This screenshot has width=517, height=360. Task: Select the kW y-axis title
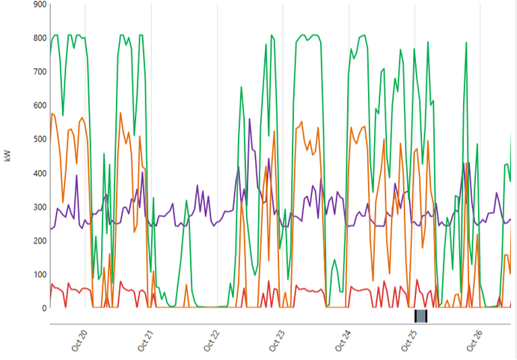(8, 156)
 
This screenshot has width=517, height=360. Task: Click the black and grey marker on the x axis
(420, 316)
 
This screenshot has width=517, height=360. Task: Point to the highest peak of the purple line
(249, 119)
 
